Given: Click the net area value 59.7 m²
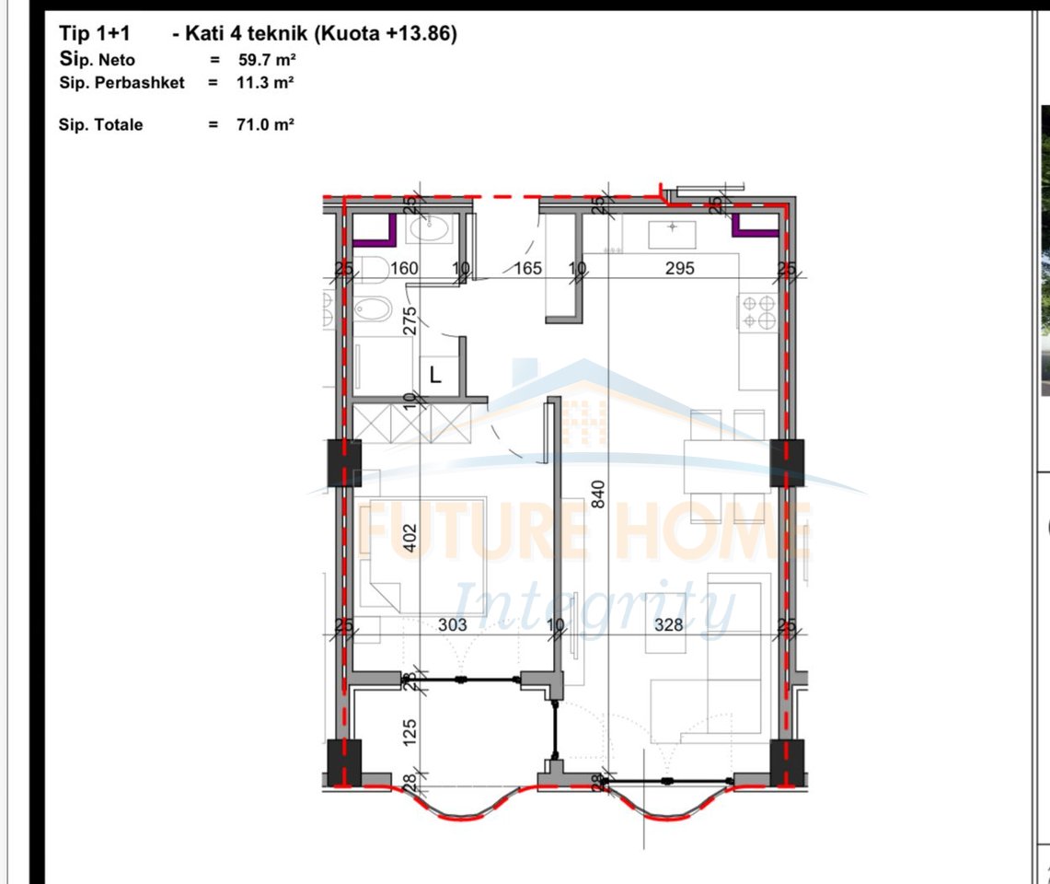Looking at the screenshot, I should click(266, 60).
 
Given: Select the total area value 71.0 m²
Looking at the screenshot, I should click(266, 124).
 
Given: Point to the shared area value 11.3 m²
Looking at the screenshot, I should click(266, 82).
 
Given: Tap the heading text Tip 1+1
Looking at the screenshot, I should click(94, 34).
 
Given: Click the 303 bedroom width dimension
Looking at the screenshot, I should click(452, 624).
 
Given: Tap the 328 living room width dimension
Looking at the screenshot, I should click(669, 624).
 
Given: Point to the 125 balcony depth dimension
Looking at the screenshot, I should click(411, 731).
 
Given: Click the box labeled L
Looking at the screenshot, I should click(436, 375).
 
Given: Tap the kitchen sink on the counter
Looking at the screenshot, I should click(674, 234).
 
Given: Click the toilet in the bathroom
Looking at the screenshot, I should click(373, 269).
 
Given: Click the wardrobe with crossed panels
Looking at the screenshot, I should click(410, 424).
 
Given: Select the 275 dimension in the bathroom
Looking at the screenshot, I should click(410, 320).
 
